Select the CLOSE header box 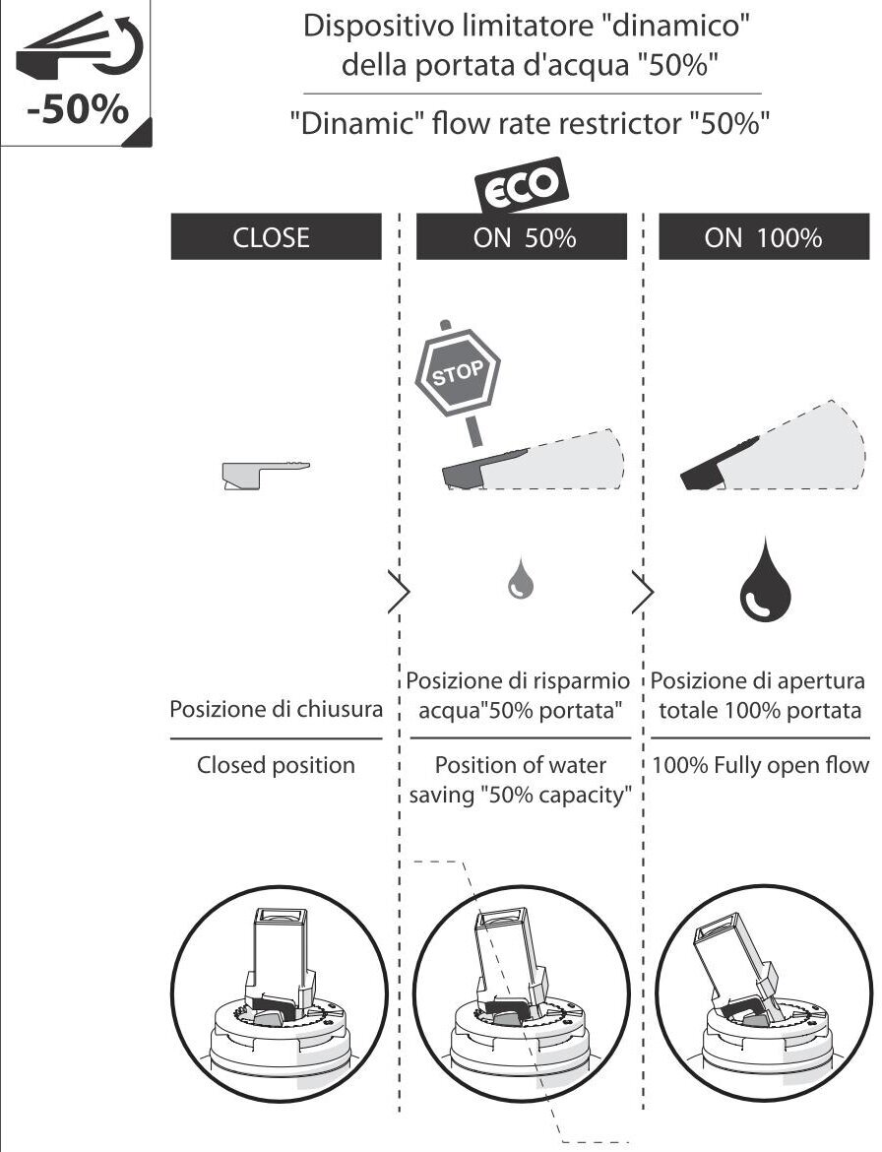pyautogui.click(x=276, y=237)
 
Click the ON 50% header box pyautogui.click(x=522, y=237)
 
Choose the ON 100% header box pyautogui.click(x=764, y=237)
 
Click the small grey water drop pyautogui.click(x=520, y=580)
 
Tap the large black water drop pyautogui.click(x=765, y=580)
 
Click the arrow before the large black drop pyautogui.click(x=642, y=592)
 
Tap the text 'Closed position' pyautogui.click(x=276, y=765)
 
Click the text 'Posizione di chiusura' pyautogui.click(x=276, y=709)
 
